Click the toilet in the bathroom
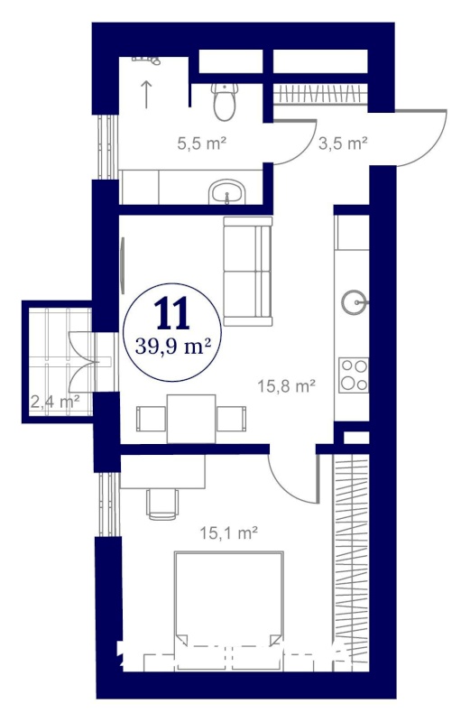[226, 102]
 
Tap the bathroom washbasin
[227, 191]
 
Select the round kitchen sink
[354, 302]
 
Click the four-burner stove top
[354, 375]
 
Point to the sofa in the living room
[248, 272]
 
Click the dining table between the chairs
[191, 419]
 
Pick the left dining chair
[152, 419]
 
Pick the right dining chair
[231, 419]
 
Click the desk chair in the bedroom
[162, 504]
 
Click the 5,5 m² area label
[202, 144]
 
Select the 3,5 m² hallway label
[343, 143]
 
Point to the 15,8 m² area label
[286, 386]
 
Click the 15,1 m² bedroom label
[228, 533]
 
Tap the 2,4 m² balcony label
[55, 402]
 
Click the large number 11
[172, 313]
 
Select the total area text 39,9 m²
[173, 347]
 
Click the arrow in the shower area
[146, 95]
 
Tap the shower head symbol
[146, 60]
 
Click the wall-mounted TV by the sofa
[123, 265]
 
